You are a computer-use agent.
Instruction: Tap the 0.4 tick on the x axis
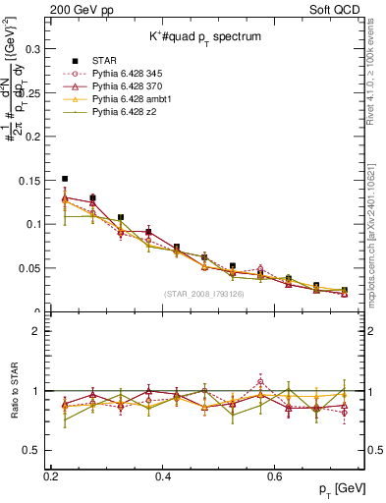(164, 475)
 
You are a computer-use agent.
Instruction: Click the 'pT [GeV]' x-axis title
(343, 488)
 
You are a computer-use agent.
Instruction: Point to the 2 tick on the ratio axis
(40, 331)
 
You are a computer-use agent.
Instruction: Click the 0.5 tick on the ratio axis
(35, 450)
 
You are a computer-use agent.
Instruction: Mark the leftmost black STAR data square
(65, 179)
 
